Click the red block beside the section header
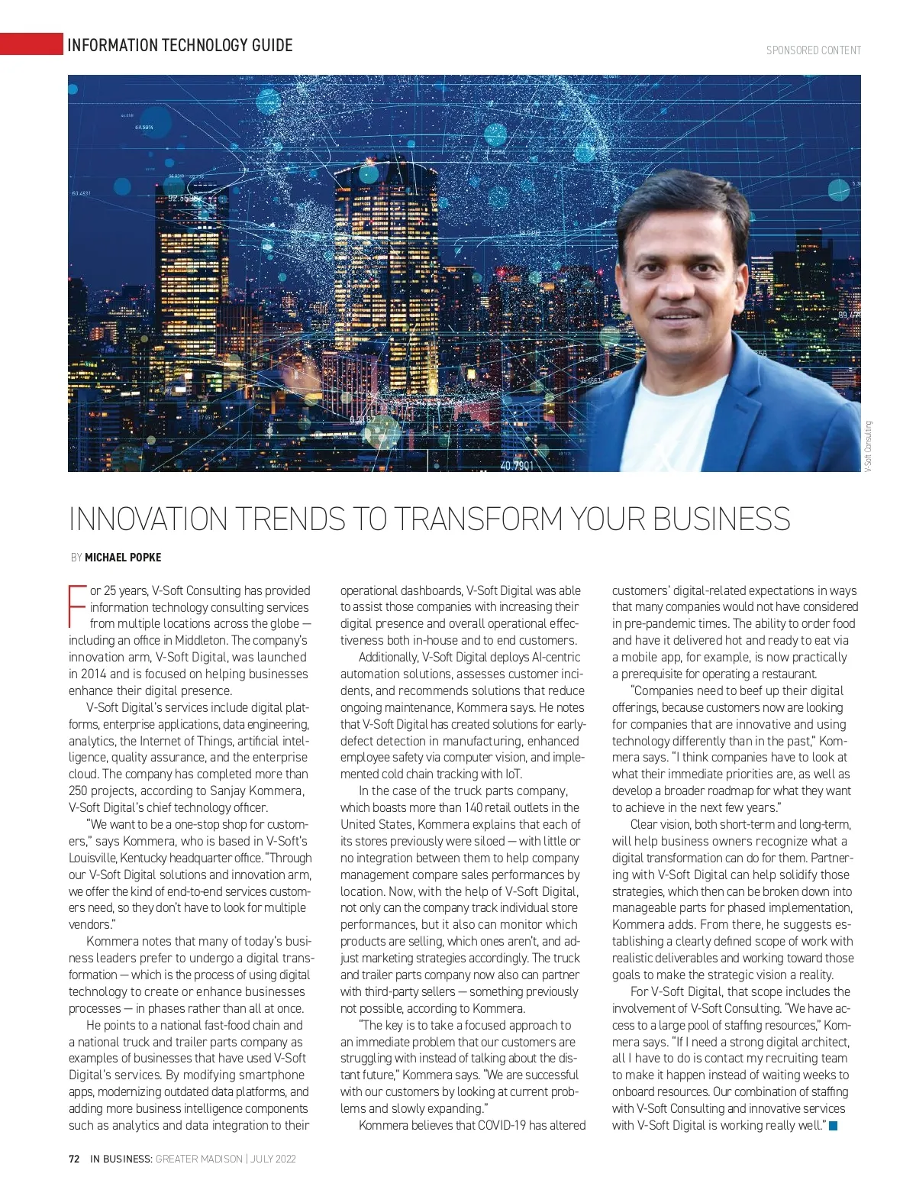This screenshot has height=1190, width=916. coord(31,44)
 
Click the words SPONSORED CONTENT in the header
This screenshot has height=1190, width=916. coord(814,50)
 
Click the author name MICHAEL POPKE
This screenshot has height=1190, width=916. coord(123,558)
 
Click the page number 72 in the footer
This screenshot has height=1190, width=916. coord(74,1159)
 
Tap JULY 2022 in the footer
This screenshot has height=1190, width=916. coord(274,1159)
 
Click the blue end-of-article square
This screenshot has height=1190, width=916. coord(833,1125)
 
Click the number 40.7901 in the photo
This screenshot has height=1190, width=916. coord(517,465)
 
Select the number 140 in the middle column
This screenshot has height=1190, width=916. coord(474,808)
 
